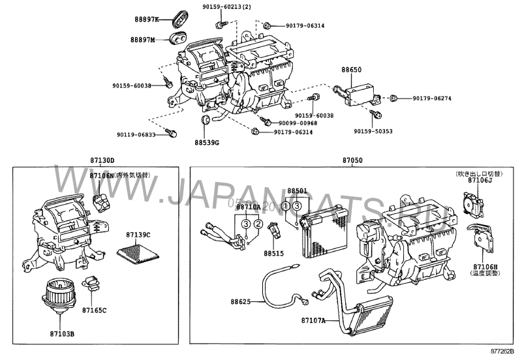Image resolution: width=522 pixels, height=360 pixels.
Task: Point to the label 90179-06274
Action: [432, 98]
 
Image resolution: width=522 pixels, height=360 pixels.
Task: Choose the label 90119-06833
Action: [136, 135]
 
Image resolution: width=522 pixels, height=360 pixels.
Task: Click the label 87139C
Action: [138, 234]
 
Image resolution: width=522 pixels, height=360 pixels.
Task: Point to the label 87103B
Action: [63, 334]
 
